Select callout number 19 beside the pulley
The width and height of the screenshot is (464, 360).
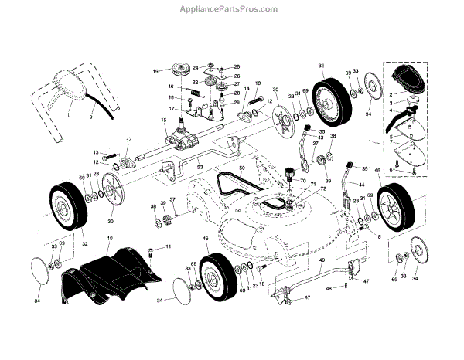point(155,71)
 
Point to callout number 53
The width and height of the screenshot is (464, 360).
point(199,167)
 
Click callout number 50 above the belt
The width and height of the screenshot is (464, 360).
point(241,168)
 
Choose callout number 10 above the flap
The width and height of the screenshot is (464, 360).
point(110,239)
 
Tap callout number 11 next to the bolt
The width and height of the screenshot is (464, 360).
point(169,246)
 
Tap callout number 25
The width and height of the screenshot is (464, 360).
point(237,67)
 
